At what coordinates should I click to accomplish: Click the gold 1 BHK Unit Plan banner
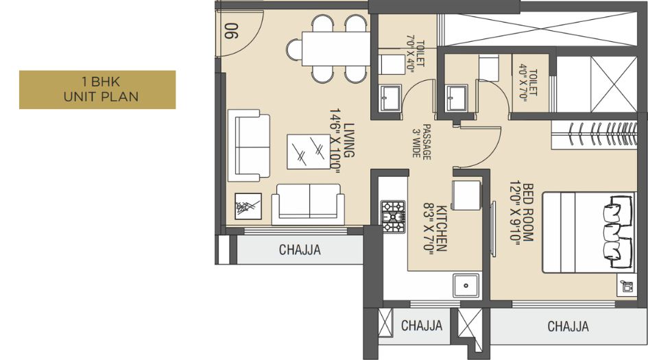[x=97, y=90]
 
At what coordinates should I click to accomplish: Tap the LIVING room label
[x=349, y=141]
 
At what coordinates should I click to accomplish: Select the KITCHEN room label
[x=442, y=228]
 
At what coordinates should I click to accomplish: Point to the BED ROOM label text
[x=528, y=213]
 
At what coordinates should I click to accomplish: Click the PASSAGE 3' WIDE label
[x=422, y=142]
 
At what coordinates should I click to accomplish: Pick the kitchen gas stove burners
[x=393, y=216]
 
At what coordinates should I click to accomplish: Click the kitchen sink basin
[x=466, y=285]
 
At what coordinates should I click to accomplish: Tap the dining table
[x=336, y=49]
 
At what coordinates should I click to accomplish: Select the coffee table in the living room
[x=306, y=152]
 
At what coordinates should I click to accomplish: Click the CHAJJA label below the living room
[x=300, y=250]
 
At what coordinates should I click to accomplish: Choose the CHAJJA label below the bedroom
[x=568, y=326]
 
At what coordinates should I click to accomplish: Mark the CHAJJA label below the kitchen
[x=422, y=326]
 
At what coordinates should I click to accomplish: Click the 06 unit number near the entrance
[x=232, y=31]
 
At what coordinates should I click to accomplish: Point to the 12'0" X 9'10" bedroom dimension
[x=515, y=213]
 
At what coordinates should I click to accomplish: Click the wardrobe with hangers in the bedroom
[x=595, y=134]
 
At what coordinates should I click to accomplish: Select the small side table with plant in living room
[x=248, y=206]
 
